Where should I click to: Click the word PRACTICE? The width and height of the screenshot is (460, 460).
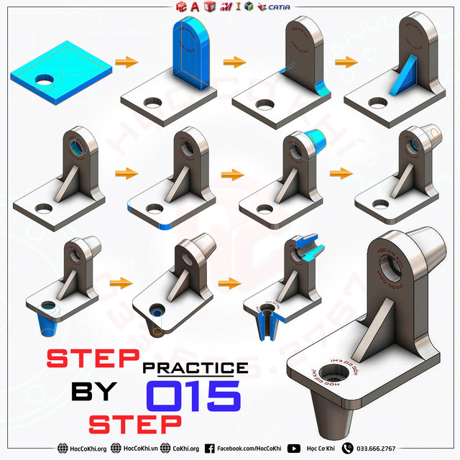(195, 367)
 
